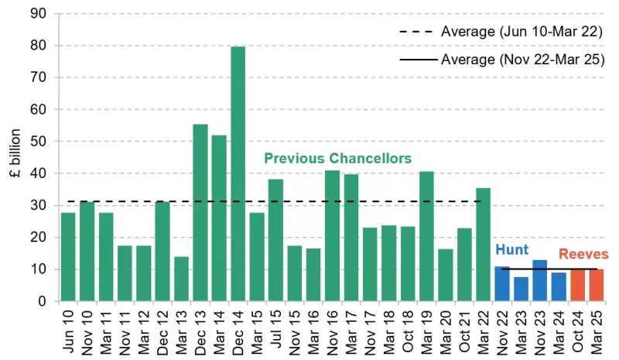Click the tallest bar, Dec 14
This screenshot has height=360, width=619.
pos(238,174)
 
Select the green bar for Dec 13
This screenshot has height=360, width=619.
pos(200,213)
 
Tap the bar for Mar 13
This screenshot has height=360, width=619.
pos(181,279)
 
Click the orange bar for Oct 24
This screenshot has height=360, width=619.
pos(578,285)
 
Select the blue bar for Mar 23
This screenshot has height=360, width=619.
pos(522,289)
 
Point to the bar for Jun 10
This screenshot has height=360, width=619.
pos(68,257)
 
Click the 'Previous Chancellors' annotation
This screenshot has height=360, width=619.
pos(337,158)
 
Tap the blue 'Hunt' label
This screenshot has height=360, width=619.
pos(511,249)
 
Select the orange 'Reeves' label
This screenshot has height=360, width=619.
pos(583,254)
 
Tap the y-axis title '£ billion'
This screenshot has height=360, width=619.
pos(15,158)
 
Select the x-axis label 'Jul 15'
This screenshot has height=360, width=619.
pos(276,330)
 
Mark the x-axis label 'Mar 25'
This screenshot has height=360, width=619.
pos(597,330)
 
